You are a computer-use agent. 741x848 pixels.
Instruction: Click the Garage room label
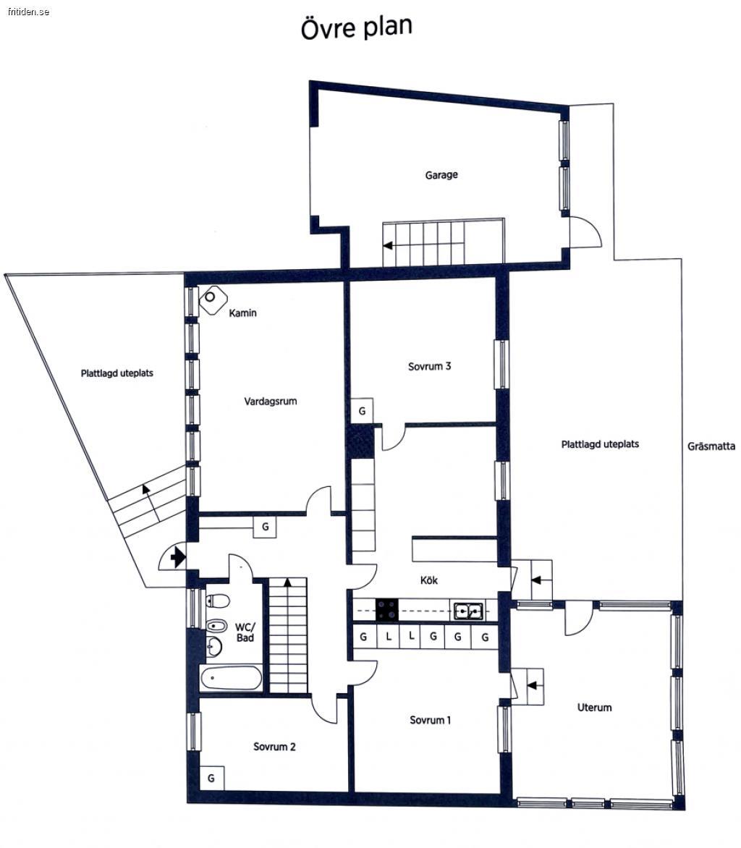[x=441, y=175]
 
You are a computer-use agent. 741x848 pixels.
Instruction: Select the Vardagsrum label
[x=271, y=402]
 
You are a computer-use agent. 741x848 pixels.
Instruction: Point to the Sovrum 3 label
[x=429, y=367]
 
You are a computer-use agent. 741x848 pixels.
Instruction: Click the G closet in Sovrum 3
[x=362, y=411]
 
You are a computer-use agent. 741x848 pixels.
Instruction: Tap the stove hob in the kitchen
[x=387, y=610]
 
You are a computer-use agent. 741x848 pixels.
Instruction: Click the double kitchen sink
[x=468, y=611]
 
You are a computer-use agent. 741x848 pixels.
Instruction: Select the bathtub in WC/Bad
[x=231, y=678]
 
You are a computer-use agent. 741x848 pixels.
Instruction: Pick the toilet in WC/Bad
[x=218, y=601]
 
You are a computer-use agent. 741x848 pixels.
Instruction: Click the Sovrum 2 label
[x=274, y=747]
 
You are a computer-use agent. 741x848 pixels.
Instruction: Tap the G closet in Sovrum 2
[x=211, y=779]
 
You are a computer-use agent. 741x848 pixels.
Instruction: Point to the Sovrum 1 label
[x=430, y=721]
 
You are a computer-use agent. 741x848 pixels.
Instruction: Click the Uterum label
[x=594, y=708]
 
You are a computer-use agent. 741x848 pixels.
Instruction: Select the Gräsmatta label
[x=711, y=446]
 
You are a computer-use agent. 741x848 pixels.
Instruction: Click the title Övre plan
[x=357, y=27]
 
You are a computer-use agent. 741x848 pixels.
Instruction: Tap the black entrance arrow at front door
[x=177, y=557]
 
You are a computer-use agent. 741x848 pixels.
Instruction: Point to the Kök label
[x=429, y=580]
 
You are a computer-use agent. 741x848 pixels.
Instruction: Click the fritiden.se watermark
[x=29, y=12]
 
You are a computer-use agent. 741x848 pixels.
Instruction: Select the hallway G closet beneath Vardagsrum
[x=265, y=527]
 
